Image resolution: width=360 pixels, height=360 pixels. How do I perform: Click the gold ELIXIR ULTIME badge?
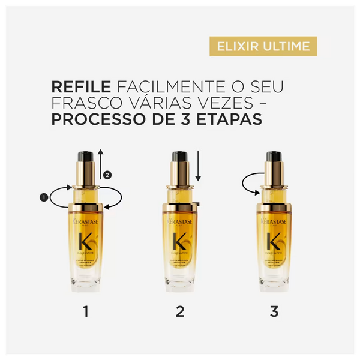(x=263, y=46)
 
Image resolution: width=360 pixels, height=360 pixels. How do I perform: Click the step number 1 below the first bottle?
(x=86, y=311)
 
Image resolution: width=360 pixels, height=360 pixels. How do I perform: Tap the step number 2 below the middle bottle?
(x=179, y=311)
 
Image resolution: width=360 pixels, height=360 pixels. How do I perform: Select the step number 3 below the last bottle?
(x=274, y=311)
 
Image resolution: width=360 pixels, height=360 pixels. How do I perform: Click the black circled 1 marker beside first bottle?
(x=43, y=196)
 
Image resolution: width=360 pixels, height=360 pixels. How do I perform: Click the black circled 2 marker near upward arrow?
(x=107, y=175)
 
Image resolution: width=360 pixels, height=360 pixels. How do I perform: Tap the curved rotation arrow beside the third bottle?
(x=248, y=184)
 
